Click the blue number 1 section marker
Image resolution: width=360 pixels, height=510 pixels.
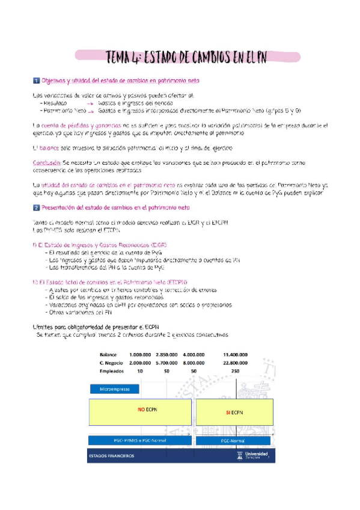click(37, 81)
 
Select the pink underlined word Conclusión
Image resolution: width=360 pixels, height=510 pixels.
click(46, 163)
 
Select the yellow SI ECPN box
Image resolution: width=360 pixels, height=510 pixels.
click(232, 413)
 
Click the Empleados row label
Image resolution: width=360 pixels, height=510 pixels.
click(112, 372)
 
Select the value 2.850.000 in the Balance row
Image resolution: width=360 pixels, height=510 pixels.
click(166, 354)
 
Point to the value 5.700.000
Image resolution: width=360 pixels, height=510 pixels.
click(166, 363)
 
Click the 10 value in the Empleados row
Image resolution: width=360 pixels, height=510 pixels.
click(139, 372)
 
